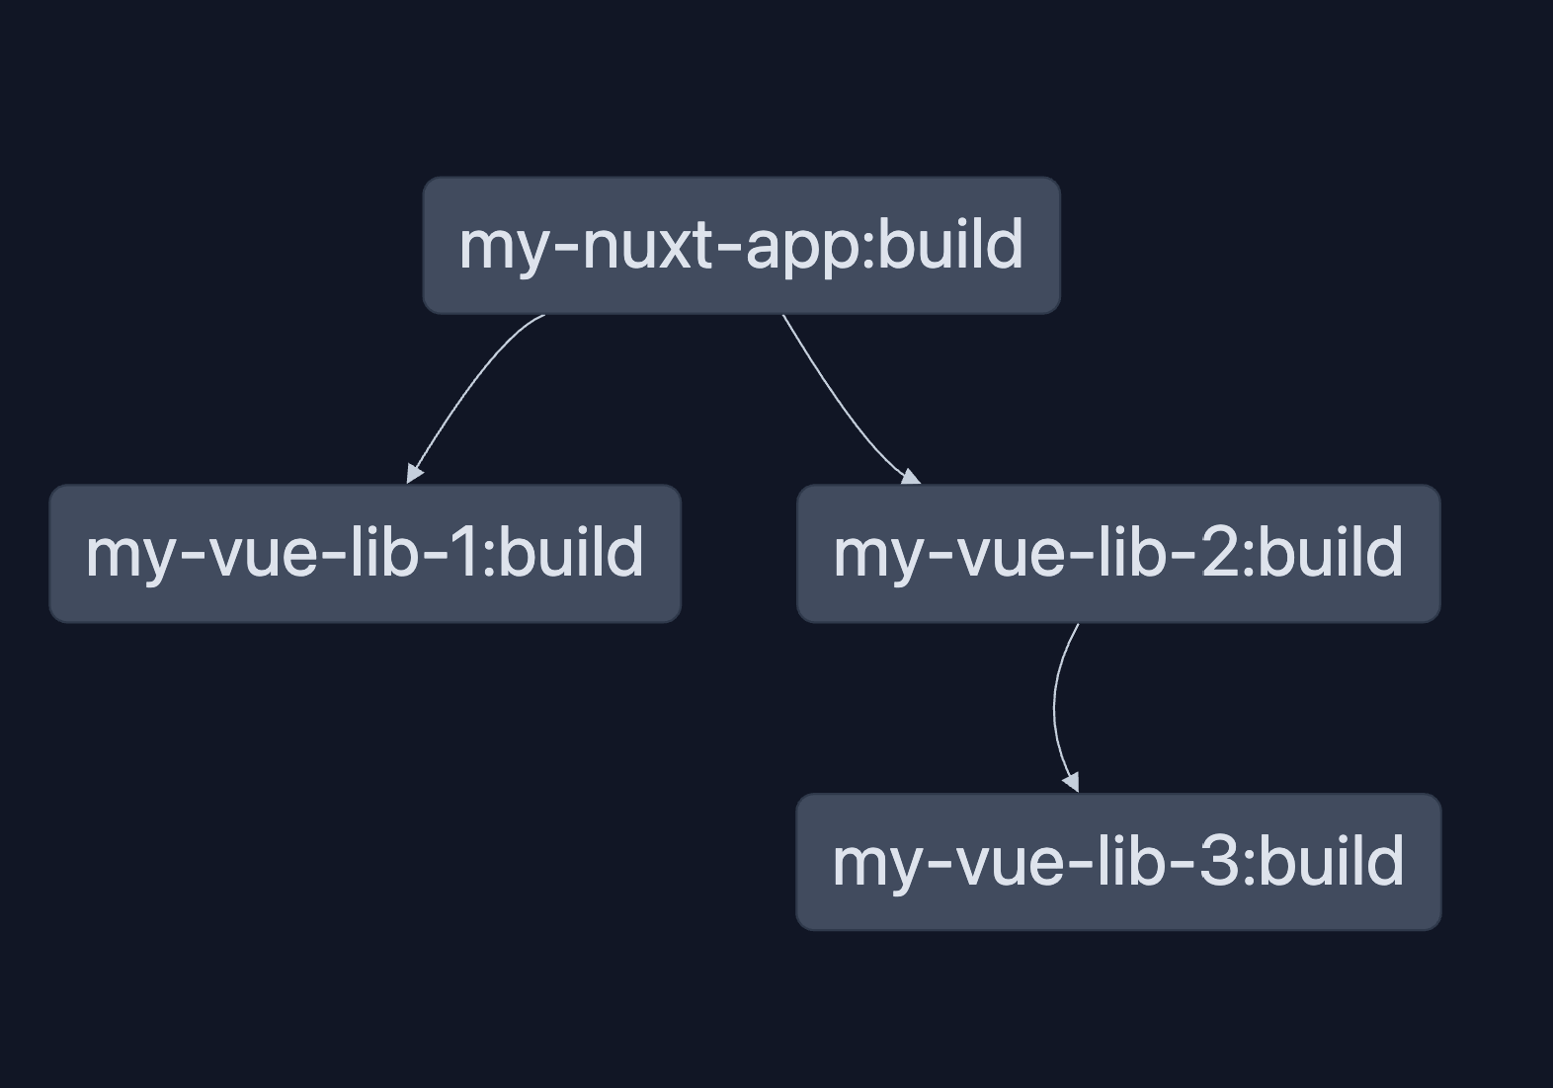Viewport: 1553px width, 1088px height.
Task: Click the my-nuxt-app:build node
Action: click(741, 246)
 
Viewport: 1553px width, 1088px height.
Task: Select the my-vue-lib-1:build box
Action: click(365, 553)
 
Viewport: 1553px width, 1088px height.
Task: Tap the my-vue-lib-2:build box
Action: click(1118, 553)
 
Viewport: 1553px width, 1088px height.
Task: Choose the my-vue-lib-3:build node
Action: click(1118, 862)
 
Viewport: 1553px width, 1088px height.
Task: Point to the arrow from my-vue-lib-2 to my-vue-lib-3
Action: click(1055, 706)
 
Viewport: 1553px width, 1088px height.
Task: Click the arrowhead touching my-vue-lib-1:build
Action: click(414, 473)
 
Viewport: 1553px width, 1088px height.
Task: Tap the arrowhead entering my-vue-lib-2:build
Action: click(910, 477)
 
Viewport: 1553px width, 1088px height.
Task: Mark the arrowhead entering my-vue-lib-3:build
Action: click(1071, 781)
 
